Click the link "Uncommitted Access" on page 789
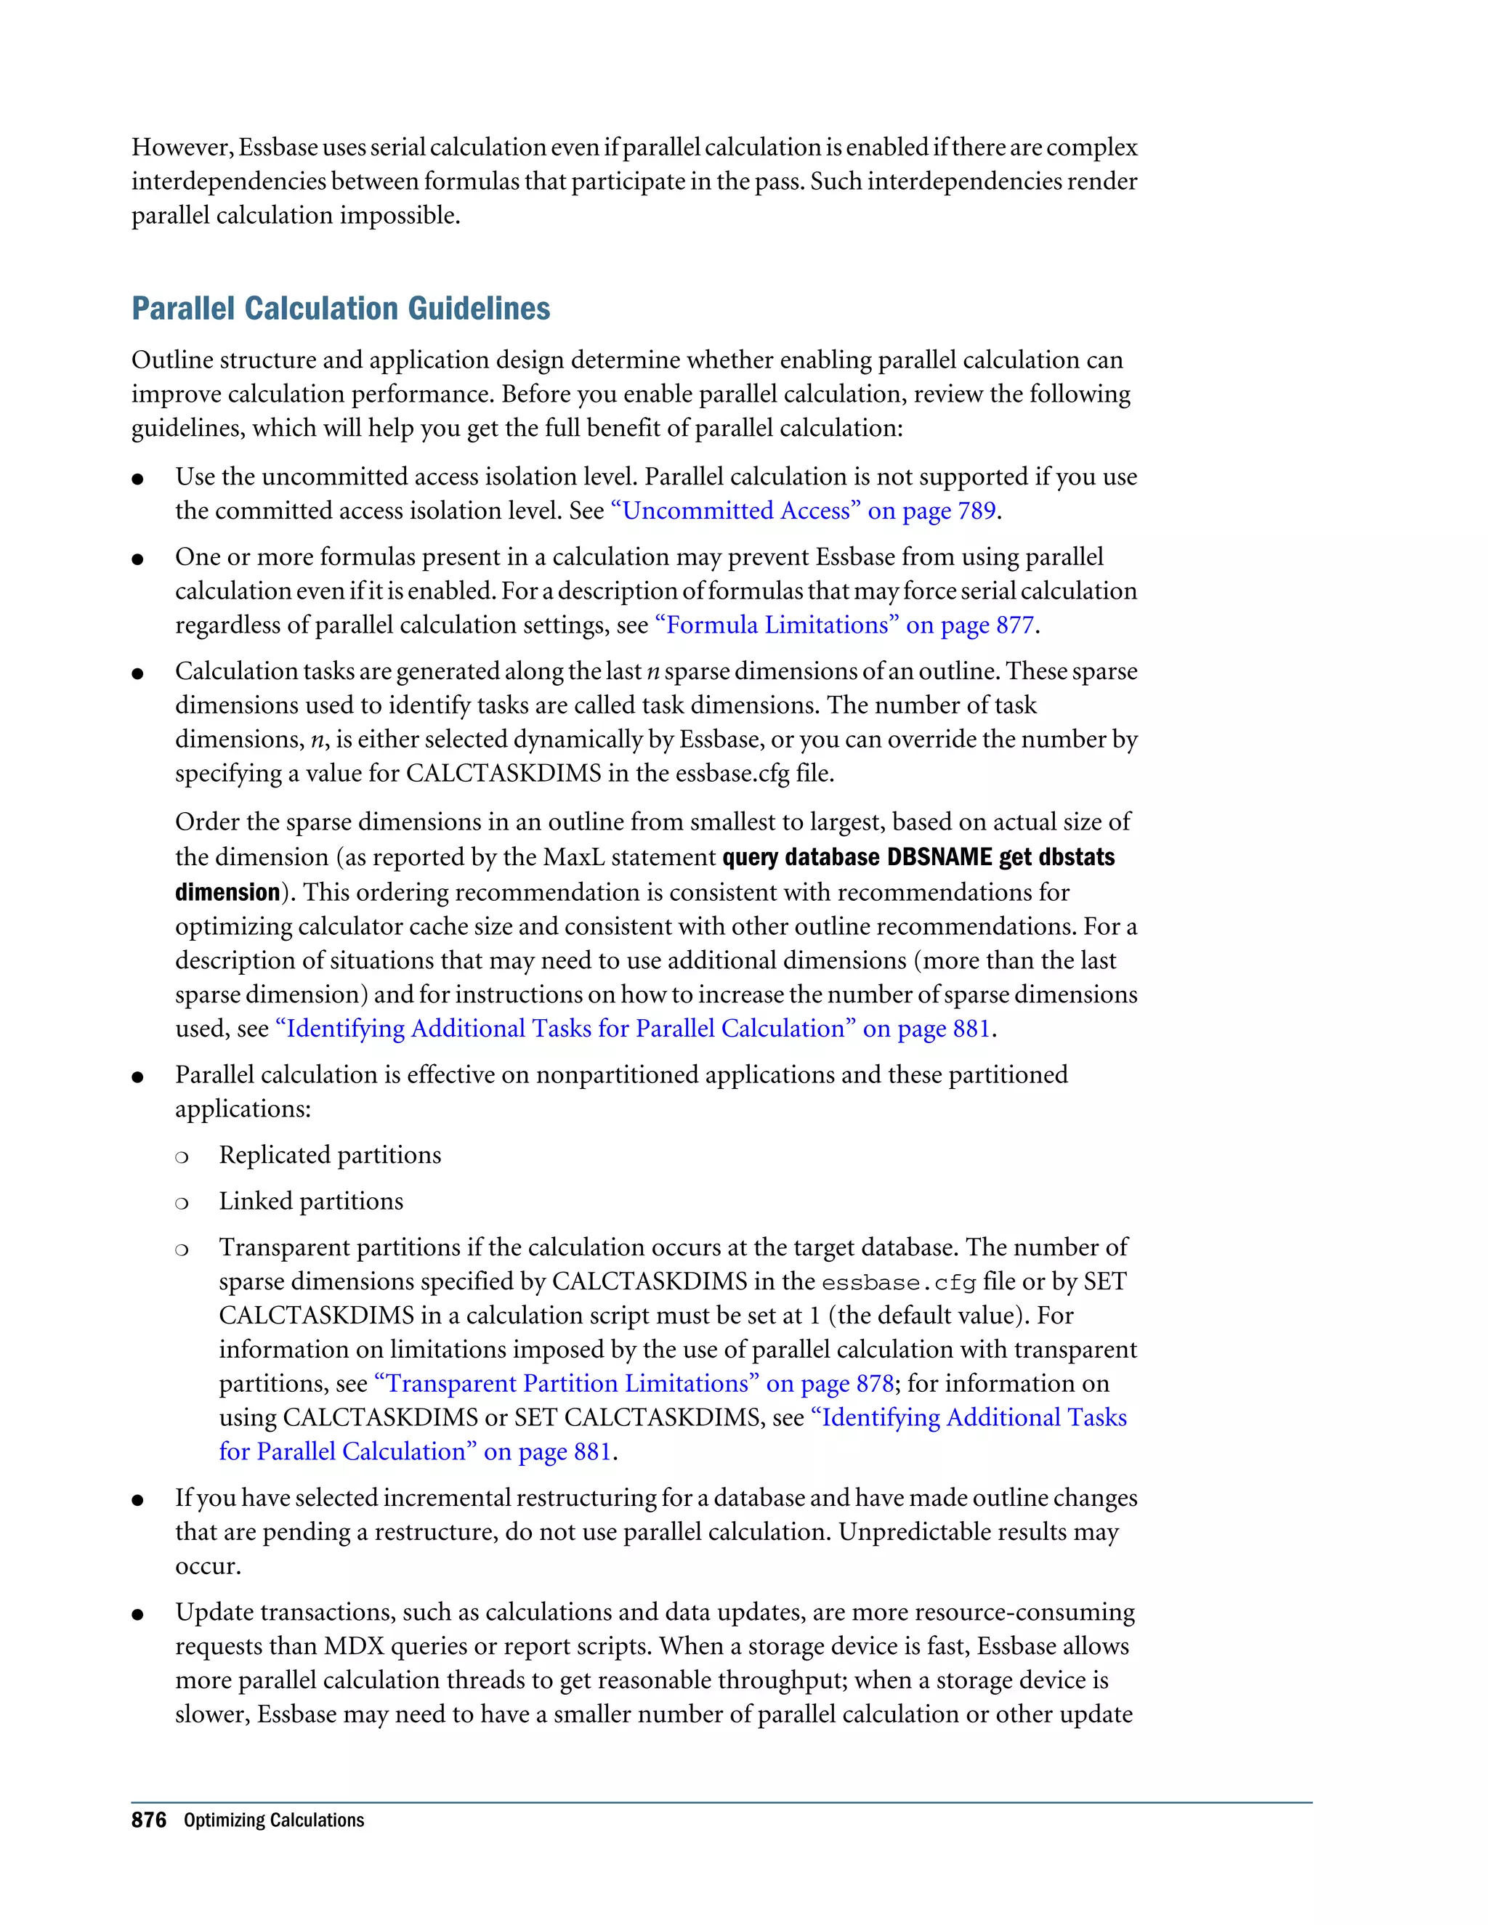803,511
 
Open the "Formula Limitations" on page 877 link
844,625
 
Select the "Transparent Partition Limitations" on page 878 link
634,1384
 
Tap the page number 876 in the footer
148,1820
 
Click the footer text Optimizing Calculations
273,1821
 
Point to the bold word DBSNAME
939,858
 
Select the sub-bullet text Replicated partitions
330,1156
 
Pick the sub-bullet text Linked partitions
310,1201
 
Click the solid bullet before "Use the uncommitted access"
137,479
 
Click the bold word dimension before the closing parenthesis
227,892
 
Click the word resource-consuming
1024,1612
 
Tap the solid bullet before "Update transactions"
137,1615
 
